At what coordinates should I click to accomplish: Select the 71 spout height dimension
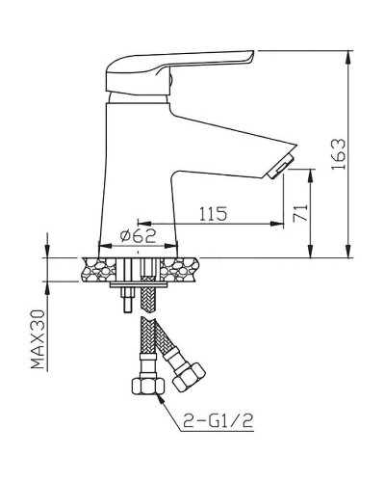[x=299, y=212]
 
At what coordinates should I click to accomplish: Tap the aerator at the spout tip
[x=279, y=169]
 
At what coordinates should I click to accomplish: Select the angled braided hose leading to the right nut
[x=166, y=342]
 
